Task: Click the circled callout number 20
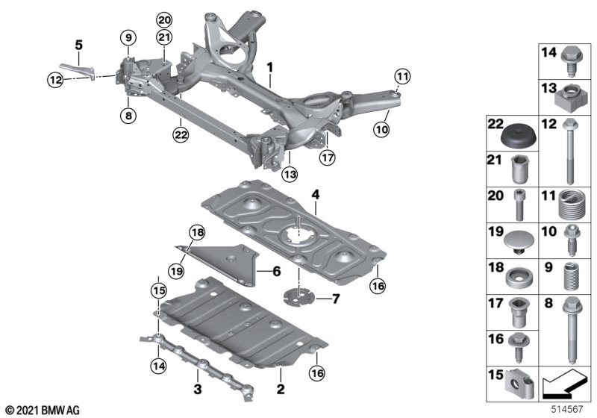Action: click(x=164, y=20)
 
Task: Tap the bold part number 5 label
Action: click(x=78, y=45)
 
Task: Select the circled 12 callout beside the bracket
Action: click(x=55, y=80)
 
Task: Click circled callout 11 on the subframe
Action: click(x=402, y=77)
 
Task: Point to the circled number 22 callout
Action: click(x=181, y=134)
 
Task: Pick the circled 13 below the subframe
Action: click(x=290, y=175)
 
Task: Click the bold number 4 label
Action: click(x=316, y=195)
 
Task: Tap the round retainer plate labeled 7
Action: click(x=299, y=296)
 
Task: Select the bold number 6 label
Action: click(x=276, y=272)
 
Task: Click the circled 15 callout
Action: click(x=159, y=291)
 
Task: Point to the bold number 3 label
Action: click(x=198, y=389)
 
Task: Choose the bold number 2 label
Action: click(x=281, y=389)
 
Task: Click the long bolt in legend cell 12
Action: click(x=570, y=150)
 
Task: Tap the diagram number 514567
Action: click(x=567, y=409)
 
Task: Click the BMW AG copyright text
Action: click(x=43, y=411)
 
